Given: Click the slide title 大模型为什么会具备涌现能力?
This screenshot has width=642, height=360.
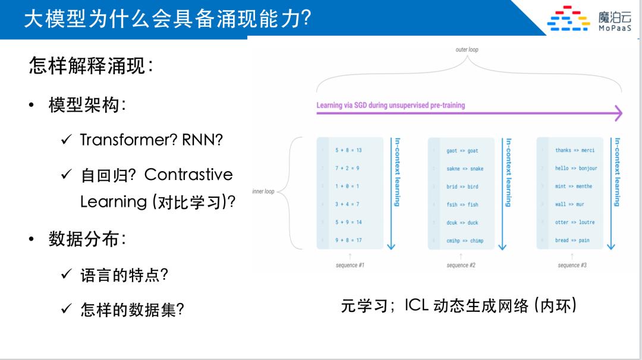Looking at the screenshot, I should click(167, 18).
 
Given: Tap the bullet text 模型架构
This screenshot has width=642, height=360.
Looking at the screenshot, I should click(87, 106).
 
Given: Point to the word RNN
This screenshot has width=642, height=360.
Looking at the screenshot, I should click(202, 140).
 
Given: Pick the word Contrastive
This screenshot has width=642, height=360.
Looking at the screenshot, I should click(188, 175).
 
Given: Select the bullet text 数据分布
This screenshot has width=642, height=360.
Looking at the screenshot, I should click(87, 239).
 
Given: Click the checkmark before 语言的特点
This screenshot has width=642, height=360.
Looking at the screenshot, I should click(66, 275).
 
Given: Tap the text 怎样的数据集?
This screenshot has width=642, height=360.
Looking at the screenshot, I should click(132, 310).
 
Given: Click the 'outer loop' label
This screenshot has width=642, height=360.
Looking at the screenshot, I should click(467, 50).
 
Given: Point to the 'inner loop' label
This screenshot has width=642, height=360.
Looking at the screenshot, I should click(263, 191).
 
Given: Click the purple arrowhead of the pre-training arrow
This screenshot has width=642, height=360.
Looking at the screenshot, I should click(618, 113).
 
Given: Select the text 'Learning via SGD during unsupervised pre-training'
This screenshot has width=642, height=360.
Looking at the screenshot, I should click(391, 105).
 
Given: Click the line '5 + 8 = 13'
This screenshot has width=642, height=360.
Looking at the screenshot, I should click(348, 150).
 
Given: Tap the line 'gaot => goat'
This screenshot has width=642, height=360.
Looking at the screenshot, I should click(462, 151).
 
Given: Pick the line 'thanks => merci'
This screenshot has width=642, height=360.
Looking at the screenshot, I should click(574, 150).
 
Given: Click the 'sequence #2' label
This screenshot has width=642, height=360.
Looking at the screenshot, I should click(461, 266).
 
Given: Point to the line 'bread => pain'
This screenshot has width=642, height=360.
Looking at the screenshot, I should click(572, 241).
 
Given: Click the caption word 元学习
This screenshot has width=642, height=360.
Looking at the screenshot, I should click(364, 306).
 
